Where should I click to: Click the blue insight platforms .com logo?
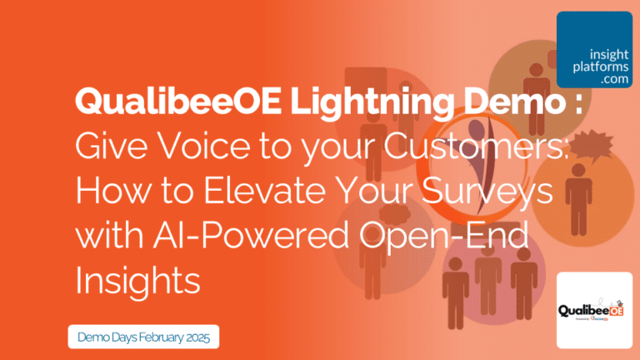pyautogui.click(x=595, y=49)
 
